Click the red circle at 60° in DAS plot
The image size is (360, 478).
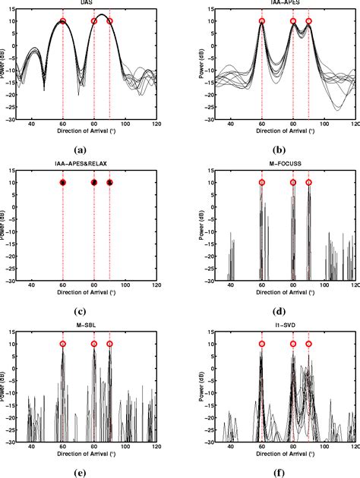[x=63, y=21]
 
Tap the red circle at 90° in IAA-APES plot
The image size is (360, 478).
[x=308, y=21]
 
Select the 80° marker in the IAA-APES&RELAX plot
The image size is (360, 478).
[x=94, y=182]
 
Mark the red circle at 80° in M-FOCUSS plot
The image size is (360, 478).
[x=293, y=182]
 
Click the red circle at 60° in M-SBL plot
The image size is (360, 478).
[x=63, y=344]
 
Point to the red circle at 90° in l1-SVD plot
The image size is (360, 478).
[x=308, y=344]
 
